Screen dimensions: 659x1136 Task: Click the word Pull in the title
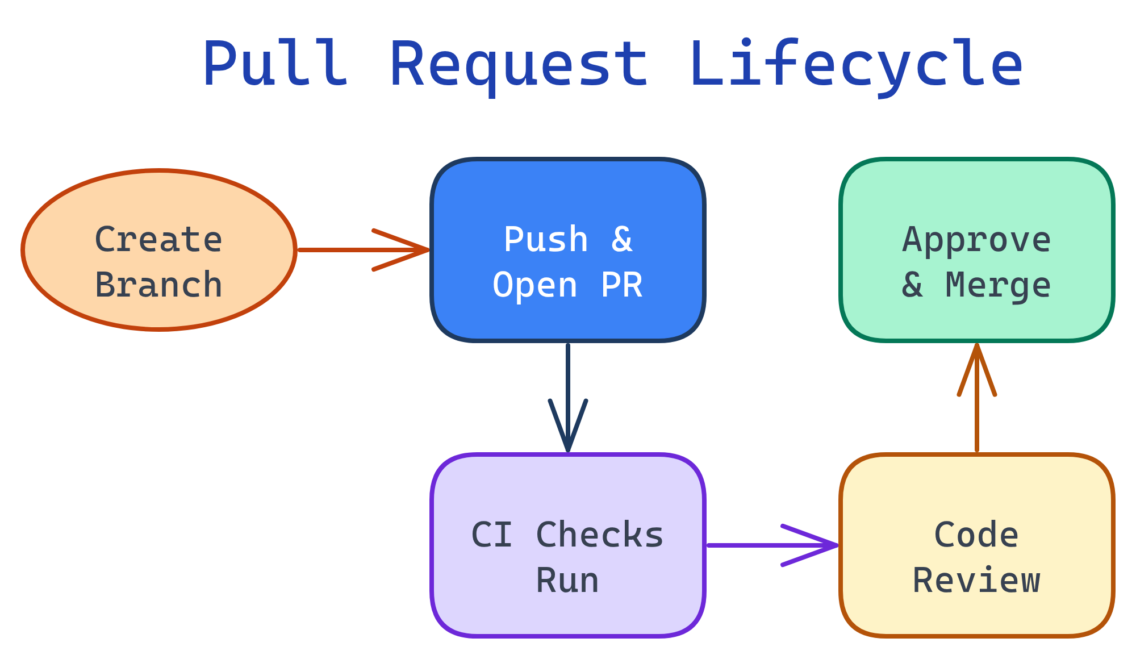click(x=275, y=64)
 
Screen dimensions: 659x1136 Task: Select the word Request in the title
click(x=518, y=64)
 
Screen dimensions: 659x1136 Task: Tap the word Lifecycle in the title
click(x=855, y=64)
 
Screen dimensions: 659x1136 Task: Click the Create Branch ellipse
click(x=159, y=193)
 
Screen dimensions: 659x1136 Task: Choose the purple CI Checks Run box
click(x=568, y=489)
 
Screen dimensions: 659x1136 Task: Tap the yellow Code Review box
click(x=977, y=489)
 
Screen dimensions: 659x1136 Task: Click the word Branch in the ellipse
click(x=158, y=285)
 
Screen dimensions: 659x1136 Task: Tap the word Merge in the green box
click(x=998, y=285)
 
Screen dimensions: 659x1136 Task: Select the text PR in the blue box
click(x=621, y=285)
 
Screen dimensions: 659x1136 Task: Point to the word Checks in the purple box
click(x=600, y=535)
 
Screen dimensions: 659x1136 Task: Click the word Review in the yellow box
click(x=976, y=581)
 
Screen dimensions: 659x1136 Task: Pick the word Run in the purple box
click(x=567, y=581)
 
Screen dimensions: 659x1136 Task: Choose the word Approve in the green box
click(x=976, y=240)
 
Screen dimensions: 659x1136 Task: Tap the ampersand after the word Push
click(x=621, y=240)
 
